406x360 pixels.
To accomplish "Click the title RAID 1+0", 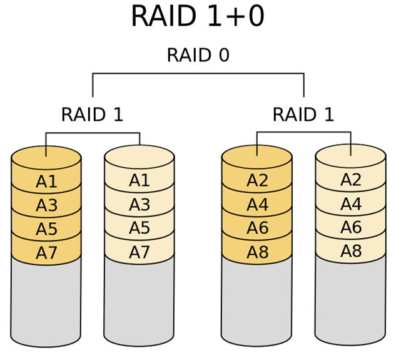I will click(x=198, y=16).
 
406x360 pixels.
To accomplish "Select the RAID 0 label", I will click(x=198, y=56).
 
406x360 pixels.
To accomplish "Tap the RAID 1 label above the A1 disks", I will click(x=92, y=115).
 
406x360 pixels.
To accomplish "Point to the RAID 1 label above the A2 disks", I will click(x=303, y=115).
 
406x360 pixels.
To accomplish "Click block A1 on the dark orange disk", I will click(x=46, y=182).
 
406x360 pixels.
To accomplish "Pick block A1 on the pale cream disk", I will click(x=139, y=181).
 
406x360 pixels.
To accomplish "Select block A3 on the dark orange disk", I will click(x=46, y=206).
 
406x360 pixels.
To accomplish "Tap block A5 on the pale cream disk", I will click(x=139, y=229).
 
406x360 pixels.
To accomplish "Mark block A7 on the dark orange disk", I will click(x=46, y=253).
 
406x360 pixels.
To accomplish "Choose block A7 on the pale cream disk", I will click(x=139, y=252).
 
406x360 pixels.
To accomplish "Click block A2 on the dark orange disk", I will click(x=257, y=181).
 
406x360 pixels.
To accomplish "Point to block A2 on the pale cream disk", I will click(x=350, y=180).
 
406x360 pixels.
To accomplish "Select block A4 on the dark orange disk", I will click(x=257, y=205).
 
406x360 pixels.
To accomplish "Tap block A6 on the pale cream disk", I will click(x=350, y=227).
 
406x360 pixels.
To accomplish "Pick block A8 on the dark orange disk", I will click(x=257, y=252).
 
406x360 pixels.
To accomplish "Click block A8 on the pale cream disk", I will click(x=350, y=251).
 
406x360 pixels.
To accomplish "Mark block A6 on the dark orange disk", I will click(x=257, y=229).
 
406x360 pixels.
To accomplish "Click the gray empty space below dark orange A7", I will click(x=46, y=301).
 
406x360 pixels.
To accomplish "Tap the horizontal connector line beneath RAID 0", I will click(x=198, y=74).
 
